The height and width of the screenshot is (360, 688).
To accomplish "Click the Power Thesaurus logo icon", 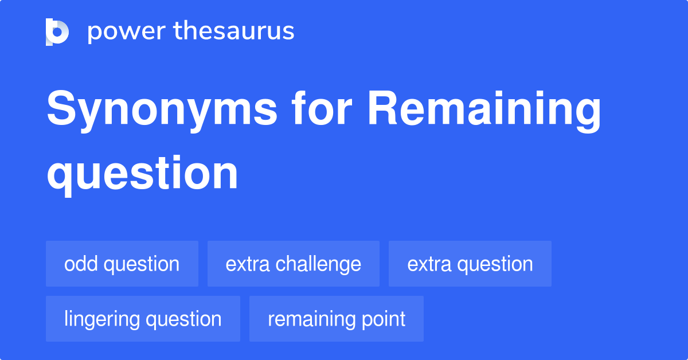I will (57, 32).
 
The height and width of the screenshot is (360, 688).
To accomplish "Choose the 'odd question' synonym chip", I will (122, 264).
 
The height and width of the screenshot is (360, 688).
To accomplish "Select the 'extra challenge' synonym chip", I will (293, 264).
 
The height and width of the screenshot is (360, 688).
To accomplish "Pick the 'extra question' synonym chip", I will (470, 264).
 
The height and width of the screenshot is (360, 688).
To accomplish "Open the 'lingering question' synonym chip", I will (143, 319).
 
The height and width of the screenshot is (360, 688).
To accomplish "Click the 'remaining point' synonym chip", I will (336, 319).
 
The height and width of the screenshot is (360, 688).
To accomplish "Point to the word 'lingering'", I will (101, 319).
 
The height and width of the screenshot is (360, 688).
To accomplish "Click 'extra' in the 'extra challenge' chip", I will (248, 264).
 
